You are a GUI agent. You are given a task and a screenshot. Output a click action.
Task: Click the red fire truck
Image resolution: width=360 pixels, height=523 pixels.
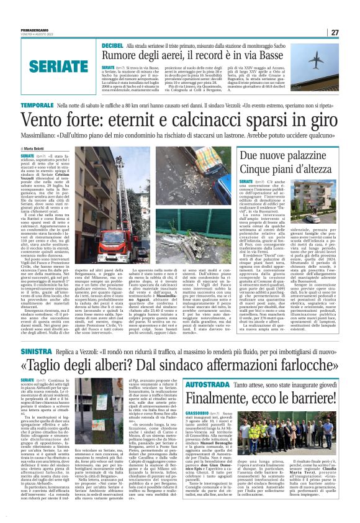point(112,239)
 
